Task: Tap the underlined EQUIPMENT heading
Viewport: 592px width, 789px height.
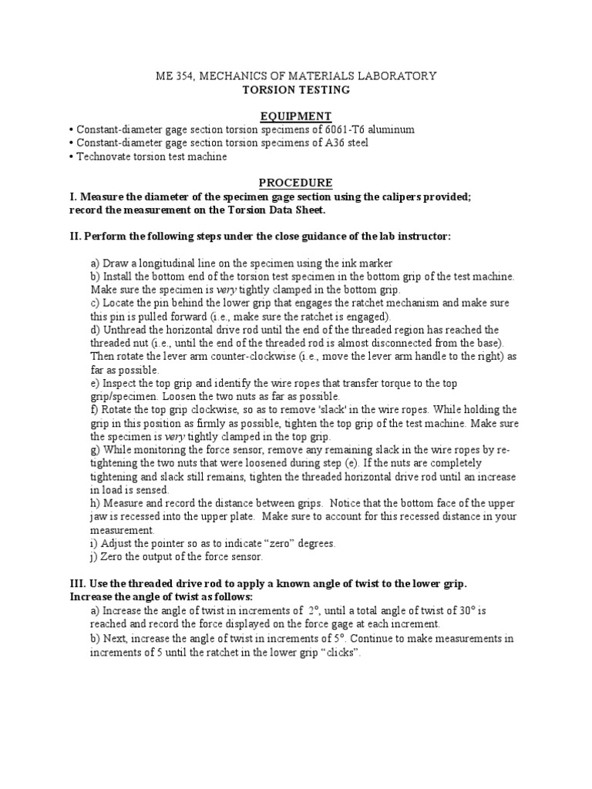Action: pos(295,116)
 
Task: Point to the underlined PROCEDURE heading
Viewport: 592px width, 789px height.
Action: pos(295,183)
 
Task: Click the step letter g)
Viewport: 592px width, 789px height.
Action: pos(96,450)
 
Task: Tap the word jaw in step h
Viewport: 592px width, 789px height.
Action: pos(99,517)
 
